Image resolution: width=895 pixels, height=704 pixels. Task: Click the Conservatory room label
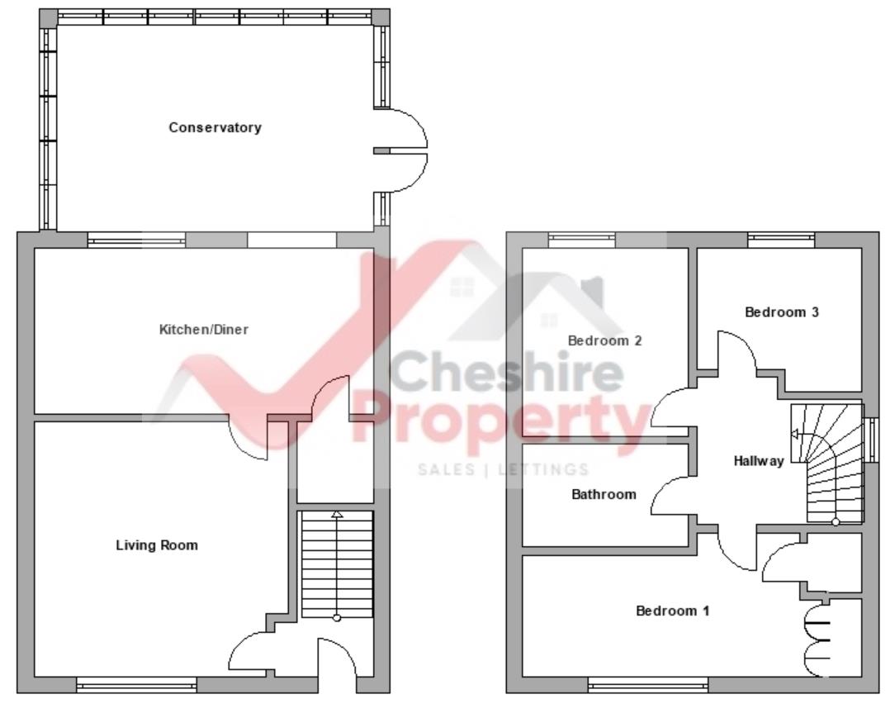point(215,128)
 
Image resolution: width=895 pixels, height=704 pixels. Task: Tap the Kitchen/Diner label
point(203,330)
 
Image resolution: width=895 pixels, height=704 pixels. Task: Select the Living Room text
point(157,545)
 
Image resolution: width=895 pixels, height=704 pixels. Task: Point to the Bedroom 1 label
point(672,611)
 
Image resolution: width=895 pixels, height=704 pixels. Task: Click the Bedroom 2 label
point(604,340)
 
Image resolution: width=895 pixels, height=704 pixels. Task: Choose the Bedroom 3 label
point(781,312)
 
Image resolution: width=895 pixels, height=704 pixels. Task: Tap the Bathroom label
point(604,495)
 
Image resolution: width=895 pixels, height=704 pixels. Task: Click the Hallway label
point(758,461)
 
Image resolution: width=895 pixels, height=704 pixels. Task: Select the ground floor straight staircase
point(336,566)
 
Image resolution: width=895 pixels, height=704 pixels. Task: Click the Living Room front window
point(136,685)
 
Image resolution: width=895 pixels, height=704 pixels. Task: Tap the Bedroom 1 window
point(648,685)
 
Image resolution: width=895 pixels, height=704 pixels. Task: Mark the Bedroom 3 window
point(781,240)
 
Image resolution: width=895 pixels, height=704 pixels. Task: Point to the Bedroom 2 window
point(581,240)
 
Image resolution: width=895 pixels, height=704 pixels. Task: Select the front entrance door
point(337,661)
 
